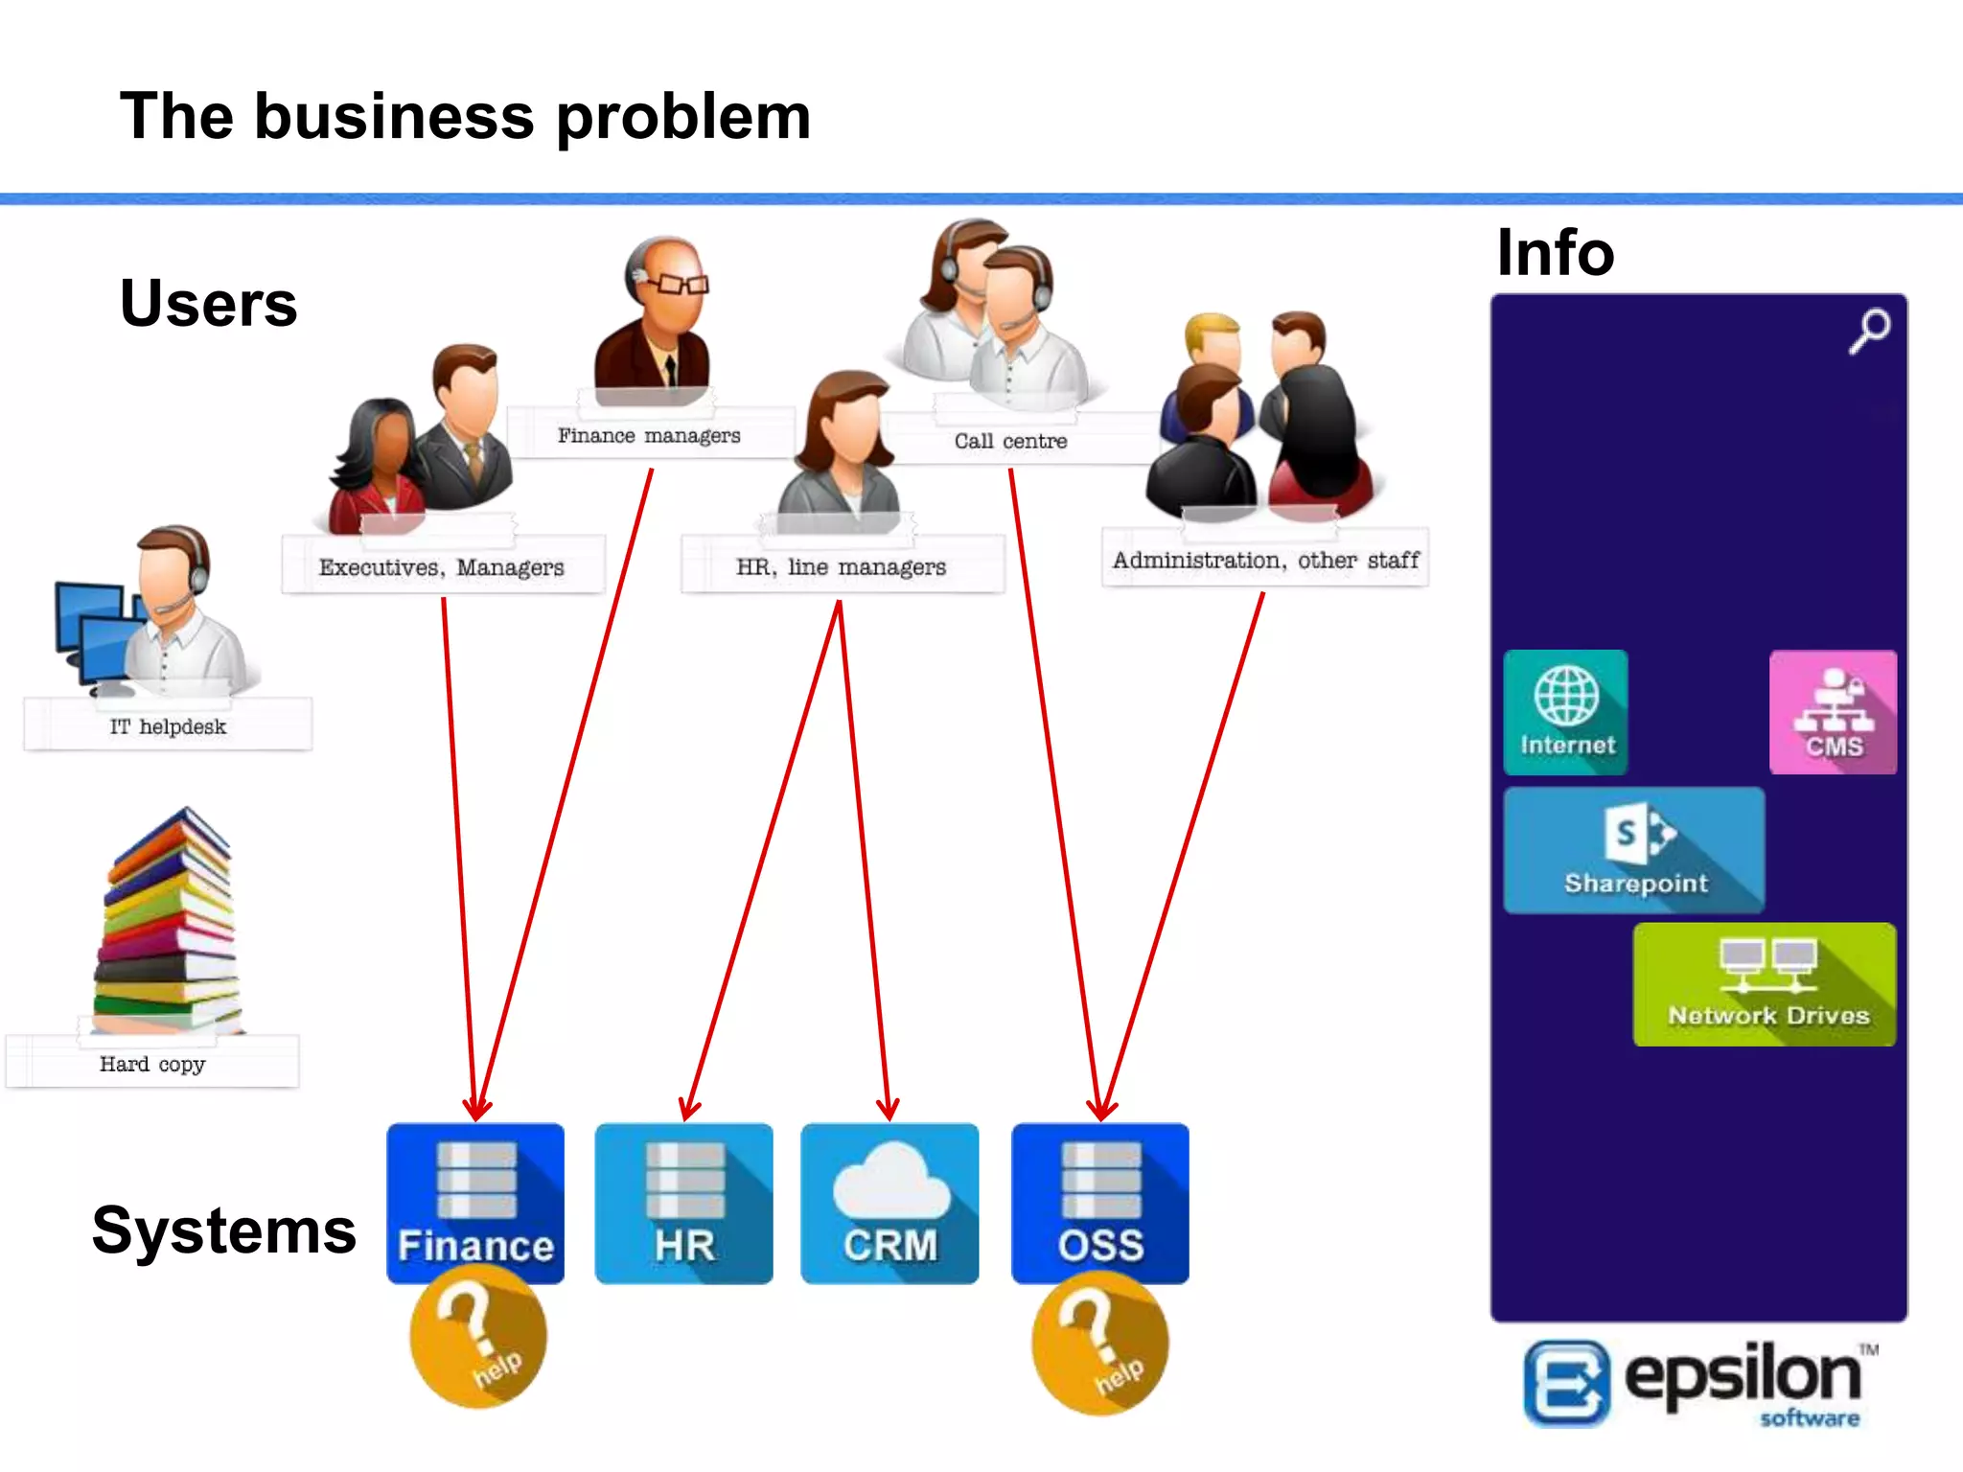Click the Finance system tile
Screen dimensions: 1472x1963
click(475, 1203)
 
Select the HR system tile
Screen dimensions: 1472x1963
click(683, 1203)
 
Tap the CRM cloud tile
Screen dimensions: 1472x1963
click(889, 1203)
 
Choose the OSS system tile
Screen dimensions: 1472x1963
click(1100, 1203)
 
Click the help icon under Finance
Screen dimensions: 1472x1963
click(478, 1337)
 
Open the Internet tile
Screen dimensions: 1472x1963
click(1566, 712)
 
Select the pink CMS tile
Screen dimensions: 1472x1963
click(1833, 712)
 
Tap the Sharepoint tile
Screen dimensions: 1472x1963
click(1634, 850)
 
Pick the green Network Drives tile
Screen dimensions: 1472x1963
click(1765, 984)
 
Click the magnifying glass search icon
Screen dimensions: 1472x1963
click(1869, 331)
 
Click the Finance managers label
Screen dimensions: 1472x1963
click(650, 436)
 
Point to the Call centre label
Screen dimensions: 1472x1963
click(1010, 441)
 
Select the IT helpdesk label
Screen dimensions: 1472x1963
click(168, 726)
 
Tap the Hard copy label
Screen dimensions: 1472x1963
click(152, 1064)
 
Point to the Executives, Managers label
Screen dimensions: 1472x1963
click(442, 567)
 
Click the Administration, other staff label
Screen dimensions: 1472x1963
click(1265, 560)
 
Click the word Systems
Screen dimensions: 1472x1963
click(224, 1230)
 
